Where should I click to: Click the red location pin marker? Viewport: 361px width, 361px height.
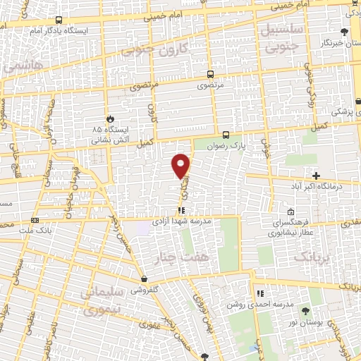(x=181, y=166)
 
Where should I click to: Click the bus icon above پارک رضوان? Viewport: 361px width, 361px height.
(x=226, y=134)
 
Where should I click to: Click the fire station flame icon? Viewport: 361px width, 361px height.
(x=109, y=118)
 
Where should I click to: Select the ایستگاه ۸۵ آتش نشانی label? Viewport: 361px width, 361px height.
(x=106, y=135)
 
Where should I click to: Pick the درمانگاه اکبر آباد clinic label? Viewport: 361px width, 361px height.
(x=317, y=187)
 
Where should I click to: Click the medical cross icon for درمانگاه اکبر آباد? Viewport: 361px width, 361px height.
(x=316, y=175)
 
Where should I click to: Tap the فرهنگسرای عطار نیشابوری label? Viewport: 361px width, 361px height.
(x=288, y=226)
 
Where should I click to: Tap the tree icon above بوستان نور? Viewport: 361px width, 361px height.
(x=305, y=310)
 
